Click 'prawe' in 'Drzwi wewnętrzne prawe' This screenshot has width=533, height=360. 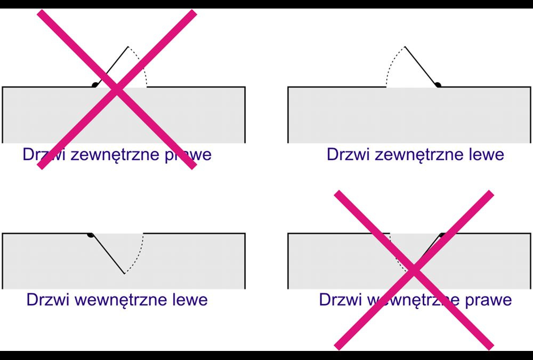[488, 300]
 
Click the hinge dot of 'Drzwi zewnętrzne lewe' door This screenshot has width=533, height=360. [437, 84]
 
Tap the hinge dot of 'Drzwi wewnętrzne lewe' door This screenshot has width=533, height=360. [91, 235]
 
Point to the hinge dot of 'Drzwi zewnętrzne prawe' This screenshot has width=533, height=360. [95, 84]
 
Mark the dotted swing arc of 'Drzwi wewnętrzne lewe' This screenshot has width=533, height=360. [140, 253]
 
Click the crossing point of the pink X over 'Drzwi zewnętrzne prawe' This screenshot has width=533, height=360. [117, 89]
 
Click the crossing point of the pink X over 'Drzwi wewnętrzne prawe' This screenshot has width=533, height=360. [414, 270]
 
